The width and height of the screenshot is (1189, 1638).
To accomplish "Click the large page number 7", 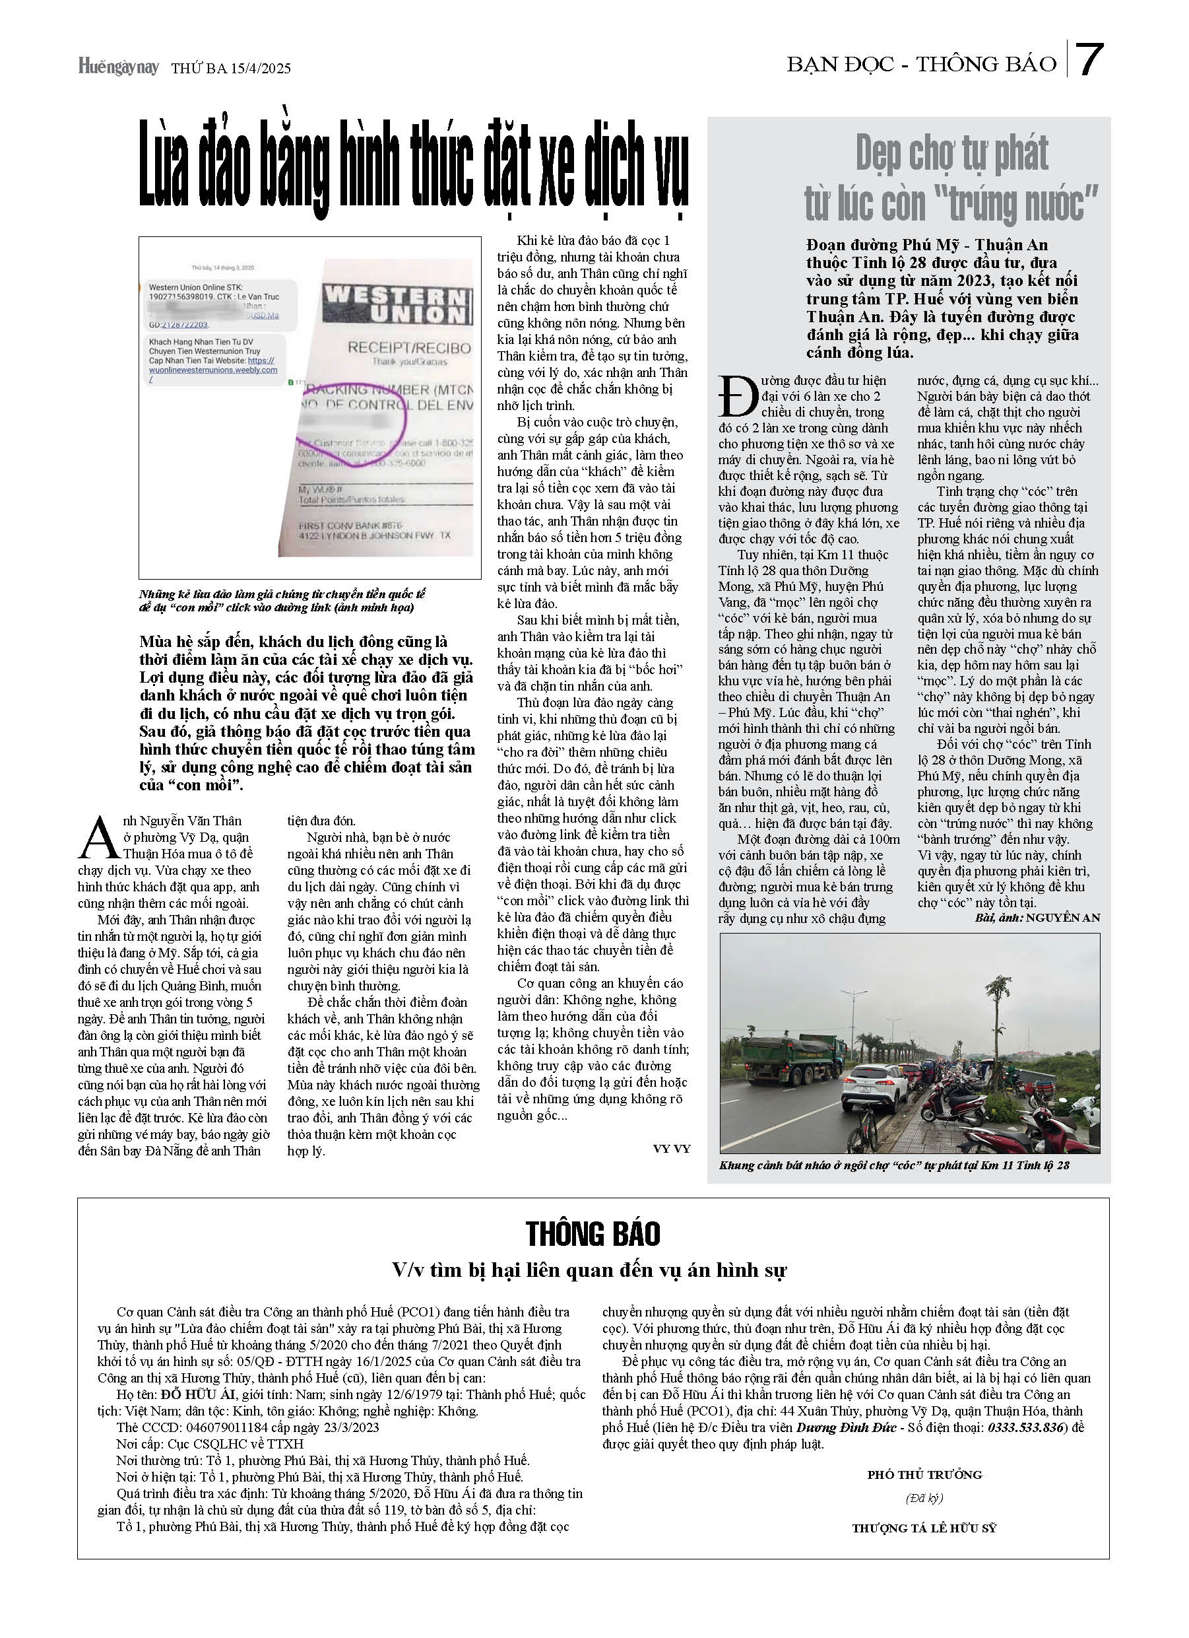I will click(1089, 61).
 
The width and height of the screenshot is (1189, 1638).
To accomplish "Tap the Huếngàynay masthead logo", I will click(118, 67).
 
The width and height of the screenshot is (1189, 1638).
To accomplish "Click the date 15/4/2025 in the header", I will click(261, 69).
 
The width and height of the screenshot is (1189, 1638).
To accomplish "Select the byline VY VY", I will click(672, 1148).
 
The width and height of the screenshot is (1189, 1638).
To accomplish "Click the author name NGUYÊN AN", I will click(1063, 918).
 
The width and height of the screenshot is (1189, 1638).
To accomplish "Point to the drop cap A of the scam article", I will click(99, 837).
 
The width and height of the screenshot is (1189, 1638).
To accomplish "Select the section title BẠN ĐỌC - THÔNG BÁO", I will click(921, 64).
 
